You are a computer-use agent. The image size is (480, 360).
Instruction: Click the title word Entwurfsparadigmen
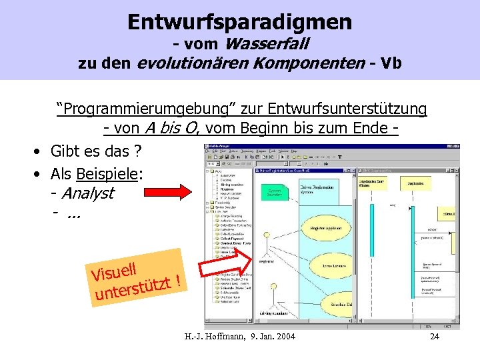240,22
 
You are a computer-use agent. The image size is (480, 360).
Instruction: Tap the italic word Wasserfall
267,45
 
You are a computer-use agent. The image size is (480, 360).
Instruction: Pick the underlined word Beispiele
107,175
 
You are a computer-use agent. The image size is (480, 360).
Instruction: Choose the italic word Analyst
87,193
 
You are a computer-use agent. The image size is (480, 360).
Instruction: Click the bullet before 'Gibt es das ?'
40,152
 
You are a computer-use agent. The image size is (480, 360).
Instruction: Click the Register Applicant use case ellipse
326,227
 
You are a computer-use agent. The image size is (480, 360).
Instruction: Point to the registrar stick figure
267,243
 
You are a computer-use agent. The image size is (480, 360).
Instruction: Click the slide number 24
435,336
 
